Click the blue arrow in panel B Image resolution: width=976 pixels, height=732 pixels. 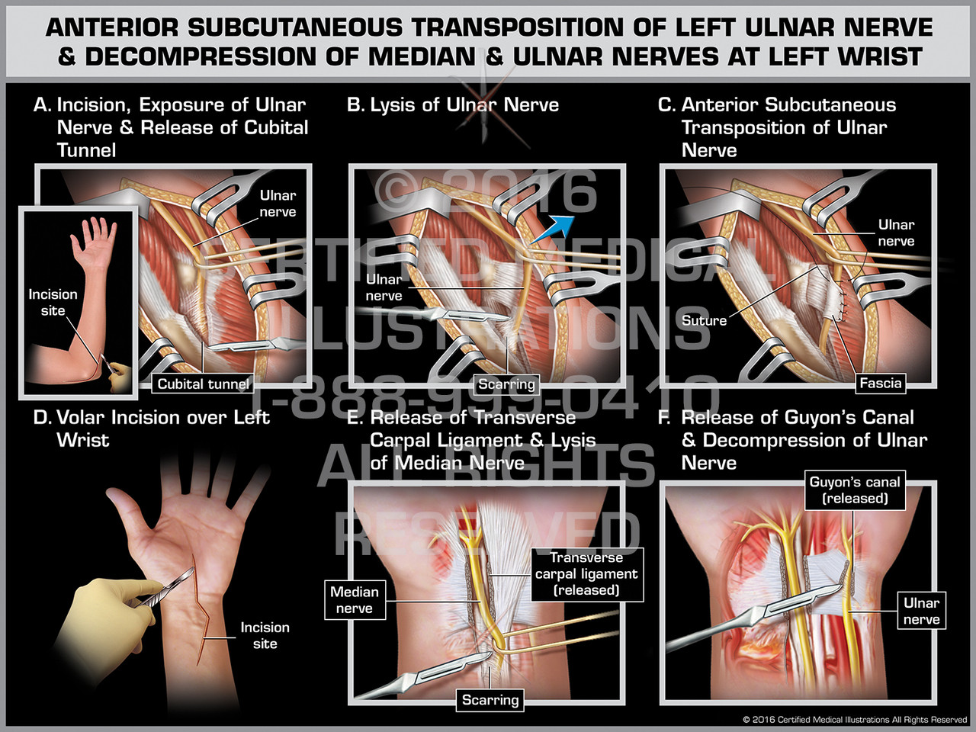pos(551,228)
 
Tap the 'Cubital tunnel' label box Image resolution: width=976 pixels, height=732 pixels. pos(203,384)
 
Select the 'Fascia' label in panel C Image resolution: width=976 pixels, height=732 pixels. pos(881,383)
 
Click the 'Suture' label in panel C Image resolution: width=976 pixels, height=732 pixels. pos(704,320)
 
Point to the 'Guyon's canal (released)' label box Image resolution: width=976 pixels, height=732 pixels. pos(855,490)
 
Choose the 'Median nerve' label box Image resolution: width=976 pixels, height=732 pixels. pos(354,600)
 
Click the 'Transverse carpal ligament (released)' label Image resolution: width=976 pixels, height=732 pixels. pos(586,574)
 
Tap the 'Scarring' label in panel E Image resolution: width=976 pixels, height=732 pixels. pos(490,700)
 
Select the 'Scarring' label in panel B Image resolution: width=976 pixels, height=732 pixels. pos(507,384)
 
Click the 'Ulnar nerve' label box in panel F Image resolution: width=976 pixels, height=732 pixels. pos(921,611)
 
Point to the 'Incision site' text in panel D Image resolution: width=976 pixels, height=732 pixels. pos(265,635)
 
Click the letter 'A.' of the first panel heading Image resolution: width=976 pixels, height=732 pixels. pos(43,105)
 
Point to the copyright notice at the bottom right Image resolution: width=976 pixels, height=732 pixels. pos(854,719)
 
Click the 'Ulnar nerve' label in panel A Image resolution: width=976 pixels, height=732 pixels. pos(278,204)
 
